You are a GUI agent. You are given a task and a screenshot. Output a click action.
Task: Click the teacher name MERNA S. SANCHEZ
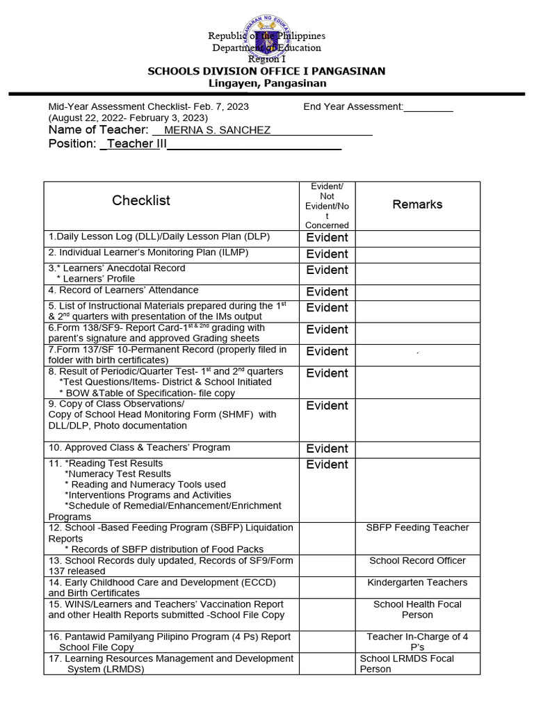coord(217,131)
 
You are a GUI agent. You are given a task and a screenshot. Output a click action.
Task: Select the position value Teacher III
coord(133,144)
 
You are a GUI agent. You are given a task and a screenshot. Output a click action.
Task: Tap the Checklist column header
coord(141,201)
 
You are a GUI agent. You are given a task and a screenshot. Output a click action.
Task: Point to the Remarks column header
coord(417,204)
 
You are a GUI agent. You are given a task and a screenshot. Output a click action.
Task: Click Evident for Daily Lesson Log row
coord(327,238)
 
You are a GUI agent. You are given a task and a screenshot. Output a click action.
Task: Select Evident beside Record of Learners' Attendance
coord(327,292)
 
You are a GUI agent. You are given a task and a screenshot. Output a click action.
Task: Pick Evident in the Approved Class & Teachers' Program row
coord(327,448)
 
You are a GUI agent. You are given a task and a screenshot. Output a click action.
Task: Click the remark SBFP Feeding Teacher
coord(417,528)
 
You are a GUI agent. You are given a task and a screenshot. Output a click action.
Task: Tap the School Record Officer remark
coord(417,560)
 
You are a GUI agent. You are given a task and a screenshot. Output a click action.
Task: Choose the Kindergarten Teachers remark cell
coord(417,583)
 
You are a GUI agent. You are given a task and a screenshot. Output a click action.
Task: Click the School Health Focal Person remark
coord(417,609)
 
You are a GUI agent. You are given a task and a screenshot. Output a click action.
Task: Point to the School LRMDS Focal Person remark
coord(407,663)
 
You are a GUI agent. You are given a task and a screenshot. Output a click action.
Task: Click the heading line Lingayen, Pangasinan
coord(268,83)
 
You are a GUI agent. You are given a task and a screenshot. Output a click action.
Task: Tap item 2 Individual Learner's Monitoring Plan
coord(148,252)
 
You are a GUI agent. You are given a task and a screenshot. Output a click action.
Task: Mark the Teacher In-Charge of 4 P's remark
coord(417,641)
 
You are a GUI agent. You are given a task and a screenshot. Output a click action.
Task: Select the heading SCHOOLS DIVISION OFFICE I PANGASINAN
coord(268,72)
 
